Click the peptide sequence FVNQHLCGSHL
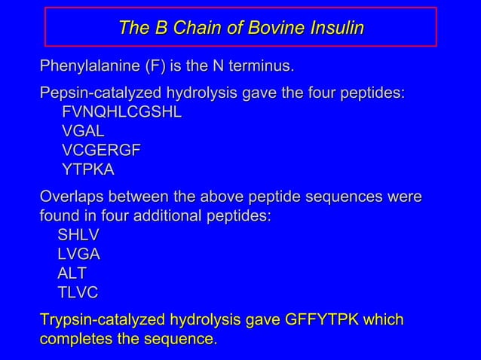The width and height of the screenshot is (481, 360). tap(121, 113)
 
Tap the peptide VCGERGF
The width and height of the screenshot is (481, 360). tap(101, 151)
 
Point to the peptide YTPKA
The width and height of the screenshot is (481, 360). tap(88, 169)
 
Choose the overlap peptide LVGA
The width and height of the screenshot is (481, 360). tap(79, 255)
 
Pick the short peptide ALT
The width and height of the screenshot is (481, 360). tap(72, 273)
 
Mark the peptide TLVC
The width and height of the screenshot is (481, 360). tap(78, 292)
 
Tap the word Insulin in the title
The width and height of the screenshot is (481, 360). tap(336, 29)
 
